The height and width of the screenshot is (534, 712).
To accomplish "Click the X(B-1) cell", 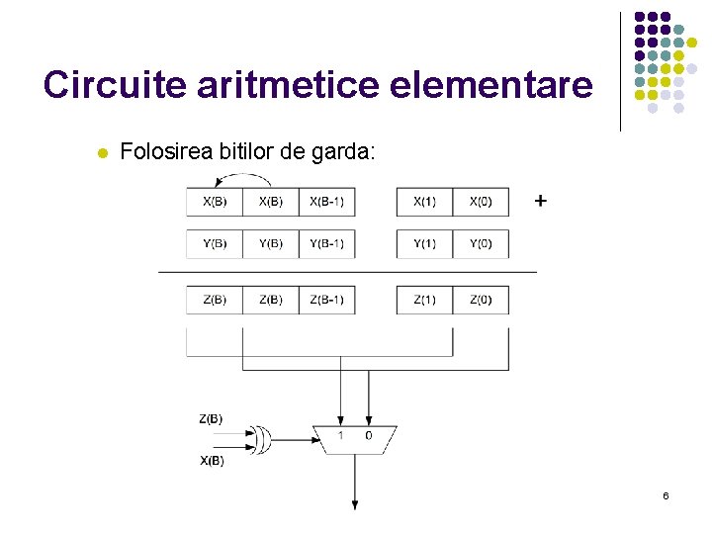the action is [326, 202].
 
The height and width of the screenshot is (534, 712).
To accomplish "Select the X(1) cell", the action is [424, 202].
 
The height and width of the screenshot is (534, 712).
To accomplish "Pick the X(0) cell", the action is [481, 202].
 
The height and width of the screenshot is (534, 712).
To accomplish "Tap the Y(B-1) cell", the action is [326, 244].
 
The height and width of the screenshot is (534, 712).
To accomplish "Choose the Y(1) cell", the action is [424, 244].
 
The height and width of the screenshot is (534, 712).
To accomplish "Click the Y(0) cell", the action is [481, 244].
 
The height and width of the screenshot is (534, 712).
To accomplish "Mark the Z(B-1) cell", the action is [326, 300].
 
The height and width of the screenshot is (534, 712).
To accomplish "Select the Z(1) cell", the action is [424, 300].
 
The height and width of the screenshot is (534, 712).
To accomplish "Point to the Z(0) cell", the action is [481, 300].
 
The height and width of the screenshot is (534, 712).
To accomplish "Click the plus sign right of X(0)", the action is [540, 201].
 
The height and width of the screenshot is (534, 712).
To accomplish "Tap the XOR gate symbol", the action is [262, 438].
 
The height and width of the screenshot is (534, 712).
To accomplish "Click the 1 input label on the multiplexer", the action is [340, 435].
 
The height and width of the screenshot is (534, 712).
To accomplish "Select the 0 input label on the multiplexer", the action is [369, 435].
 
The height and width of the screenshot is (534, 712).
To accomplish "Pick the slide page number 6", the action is [666, 494].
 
